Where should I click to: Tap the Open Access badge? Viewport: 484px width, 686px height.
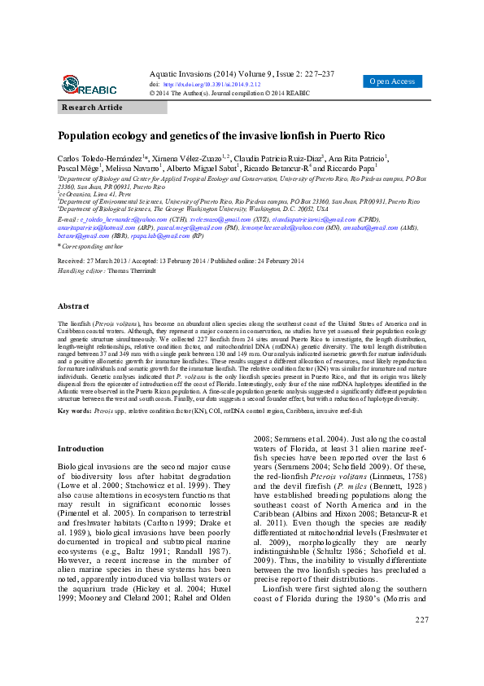pos(392,81)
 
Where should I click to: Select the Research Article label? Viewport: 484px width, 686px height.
pos(92,108)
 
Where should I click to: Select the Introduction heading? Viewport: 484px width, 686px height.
pos(81,449)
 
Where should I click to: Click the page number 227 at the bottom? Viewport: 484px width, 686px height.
pos(421,666)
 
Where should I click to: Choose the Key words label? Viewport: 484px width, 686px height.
pos(74,411)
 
